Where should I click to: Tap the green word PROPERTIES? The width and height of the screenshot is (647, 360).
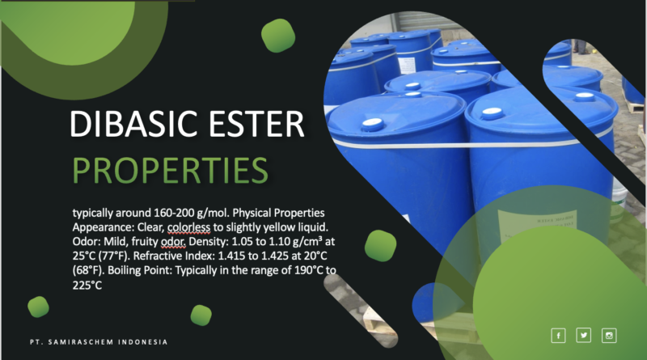[171, 170]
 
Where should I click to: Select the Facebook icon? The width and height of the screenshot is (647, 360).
[558, 336]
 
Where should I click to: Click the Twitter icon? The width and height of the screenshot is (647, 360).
[584, 336]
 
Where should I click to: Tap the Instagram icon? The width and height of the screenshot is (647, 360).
[610, 336]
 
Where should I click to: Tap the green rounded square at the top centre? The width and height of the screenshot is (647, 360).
[278, 33]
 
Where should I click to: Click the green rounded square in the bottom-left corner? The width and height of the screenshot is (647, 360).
[39, 307]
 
